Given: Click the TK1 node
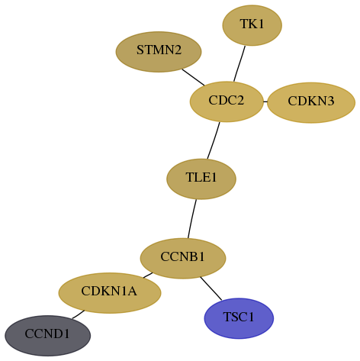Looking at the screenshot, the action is [x=252, y=25].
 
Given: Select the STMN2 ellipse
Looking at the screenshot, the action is [x=159, y=52].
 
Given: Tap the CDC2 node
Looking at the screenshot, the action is [x=227, y=102].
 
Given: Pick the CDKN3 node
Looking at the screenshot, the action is [x=311, y=102].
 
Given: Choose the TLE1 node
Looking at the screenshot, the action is [x=201, y=179].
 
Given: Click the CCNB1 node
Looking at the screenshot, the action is [x=183, y=259].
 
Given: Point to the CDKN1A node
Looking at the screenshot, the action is [x=110, y=293].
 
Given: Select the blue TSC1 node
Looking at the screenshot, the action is [x=239, y=318].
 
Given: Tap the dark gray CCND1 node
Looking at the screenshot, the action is [x=47, y=336].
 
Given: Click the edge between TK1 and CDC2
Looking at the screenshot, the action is [x=239, y=63].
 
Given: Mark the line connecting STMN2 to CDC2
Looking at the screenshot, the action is [x=193, y=77].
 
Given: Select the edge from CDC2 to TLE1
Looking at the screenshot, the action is [x=214, y=140].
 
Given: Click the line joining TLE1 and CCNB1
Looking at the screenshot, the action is [x=192, y=219].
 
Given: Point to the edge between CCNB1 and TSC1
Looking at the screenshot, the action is [x=211, y=288].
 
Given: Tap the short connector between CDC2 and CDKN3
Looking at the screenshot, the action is [x=265, y=102].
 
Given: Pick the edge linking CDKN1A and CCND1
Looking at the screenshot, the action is [x=79, y=314].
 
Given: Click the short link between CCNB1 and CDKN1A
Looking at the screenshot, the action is [x=148, y=276].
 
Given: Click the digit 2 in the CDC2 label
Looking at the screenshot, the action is [x=239, y=100].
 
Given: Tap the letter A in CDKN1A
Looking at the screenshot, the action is [x=132, y=292].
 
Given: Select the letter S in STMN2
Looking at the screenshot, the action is [x=140, y=50].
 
